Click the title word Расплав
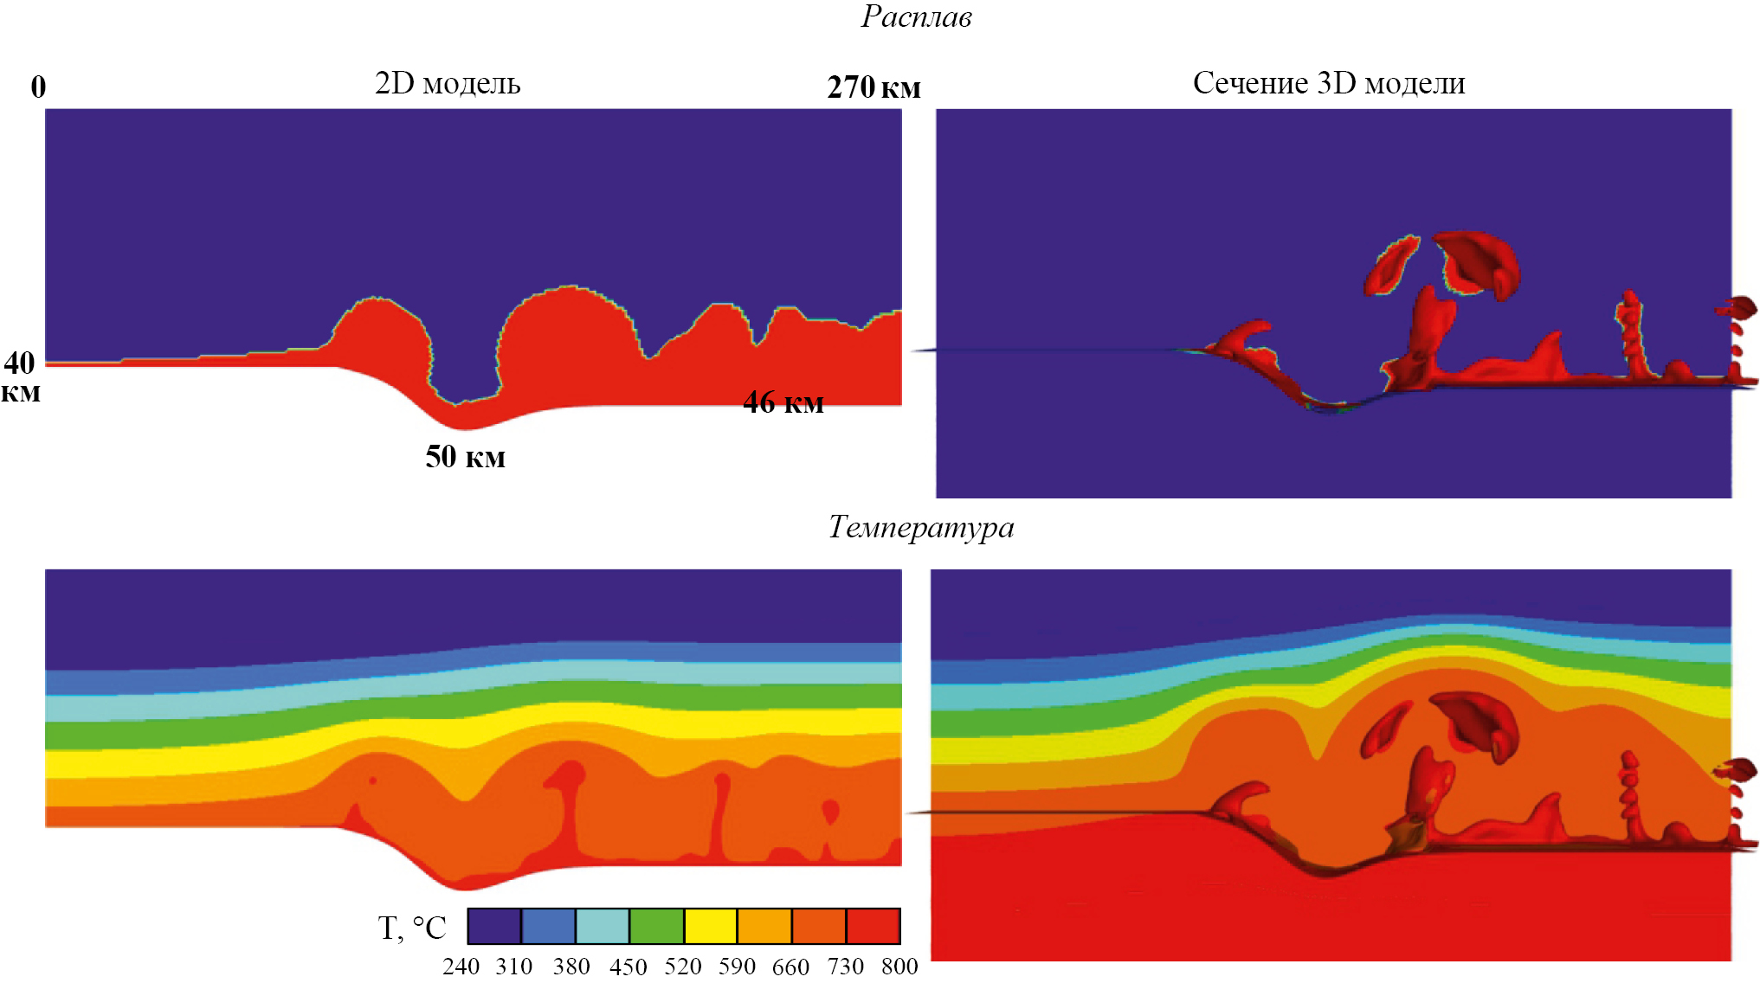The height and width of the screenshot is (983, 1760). (916, 16)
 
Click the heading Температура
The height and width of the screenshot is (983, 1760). (921, 527)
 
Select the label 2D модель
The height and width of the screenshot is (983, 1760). (448, 83)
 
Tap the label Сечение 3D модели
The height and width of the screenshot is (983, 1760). (1329, 83)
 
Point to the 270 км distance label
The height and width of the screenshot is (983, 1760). (874, 87)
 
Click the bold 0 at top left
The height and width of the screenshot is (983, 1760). (38, 87)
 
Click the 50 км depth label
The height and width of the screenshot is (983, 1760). (465, 457)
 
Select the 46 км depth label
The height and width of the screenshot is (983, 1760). (783, 402)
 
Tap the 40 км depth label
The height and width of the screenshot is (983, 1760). (21, 376)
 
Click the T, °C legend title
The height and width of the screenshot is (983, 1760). (412, 928)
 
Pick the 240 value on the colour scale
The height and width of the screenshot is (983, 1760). (461, 967)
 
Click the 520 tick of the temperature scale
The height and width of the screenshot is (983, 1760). (683, 967)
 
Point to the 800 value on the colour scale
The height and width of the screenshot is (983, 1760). (899, 967)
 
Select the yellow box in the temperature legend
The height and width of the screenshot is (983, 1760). (710, 926)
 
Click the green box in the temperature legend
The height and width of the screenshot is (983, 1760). (656, 926)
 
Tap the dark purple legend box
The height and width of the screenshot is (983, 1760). (494, 926)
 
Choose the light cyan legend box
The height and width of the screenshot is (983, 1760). (603, 926)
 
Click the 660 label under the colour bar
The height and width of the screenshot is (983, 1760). (790, 967)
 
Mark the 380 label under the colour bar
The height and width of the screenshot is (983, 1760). (571, 967)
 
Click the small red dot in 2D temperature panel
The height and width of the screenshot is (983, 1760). (372, 781)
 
